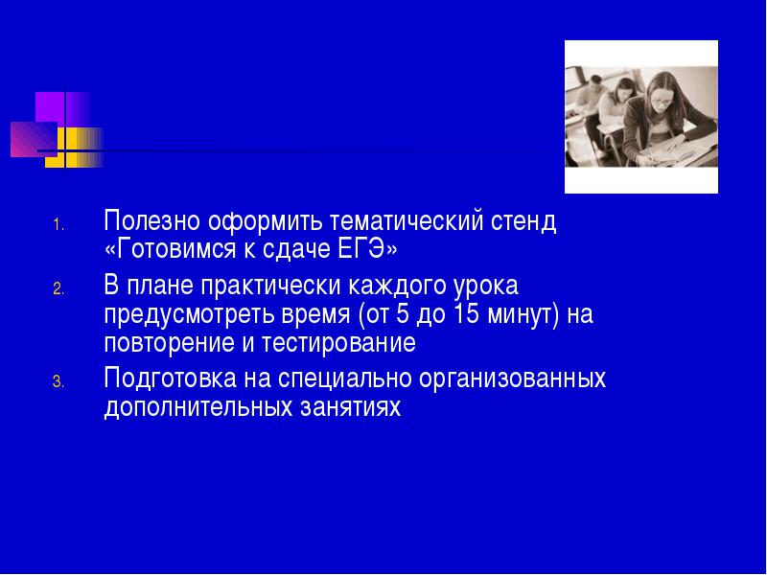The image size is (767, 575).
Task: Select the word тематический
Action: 406,221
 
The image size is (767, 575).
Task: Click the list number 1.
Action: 58,225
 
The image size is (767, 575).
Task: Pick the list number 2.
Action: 58,289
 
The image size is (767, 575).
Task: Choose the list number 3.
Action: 58,381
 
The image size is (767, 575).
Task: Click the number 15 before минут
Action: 466,314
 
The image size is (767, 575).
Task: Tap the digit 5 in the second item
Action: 403,314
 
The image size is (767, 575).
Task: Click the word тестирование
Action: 338,343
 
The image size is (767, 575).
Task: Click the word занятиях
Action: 350,407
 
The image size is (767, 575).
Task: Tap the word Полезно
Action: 152,221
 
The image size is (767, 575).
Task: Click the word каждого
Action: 396,286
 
